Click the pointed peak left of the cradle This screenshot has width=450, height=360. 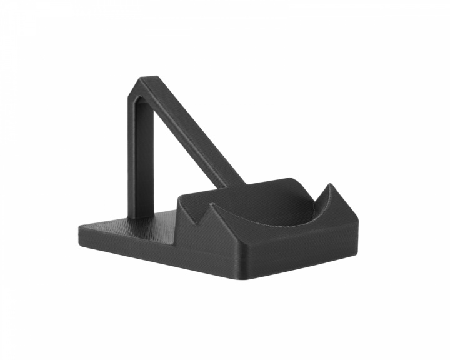(x=212, y=204)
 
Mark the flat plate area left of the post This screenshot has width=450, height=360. (x=109, y=224)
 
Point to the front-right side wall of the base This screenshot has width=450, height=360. (x=306, y=253)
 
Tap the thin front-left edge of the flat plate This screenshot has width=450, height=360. (x=125, y=244)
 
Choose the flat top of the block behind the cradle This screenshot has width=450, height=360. (x=275, y=187)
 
